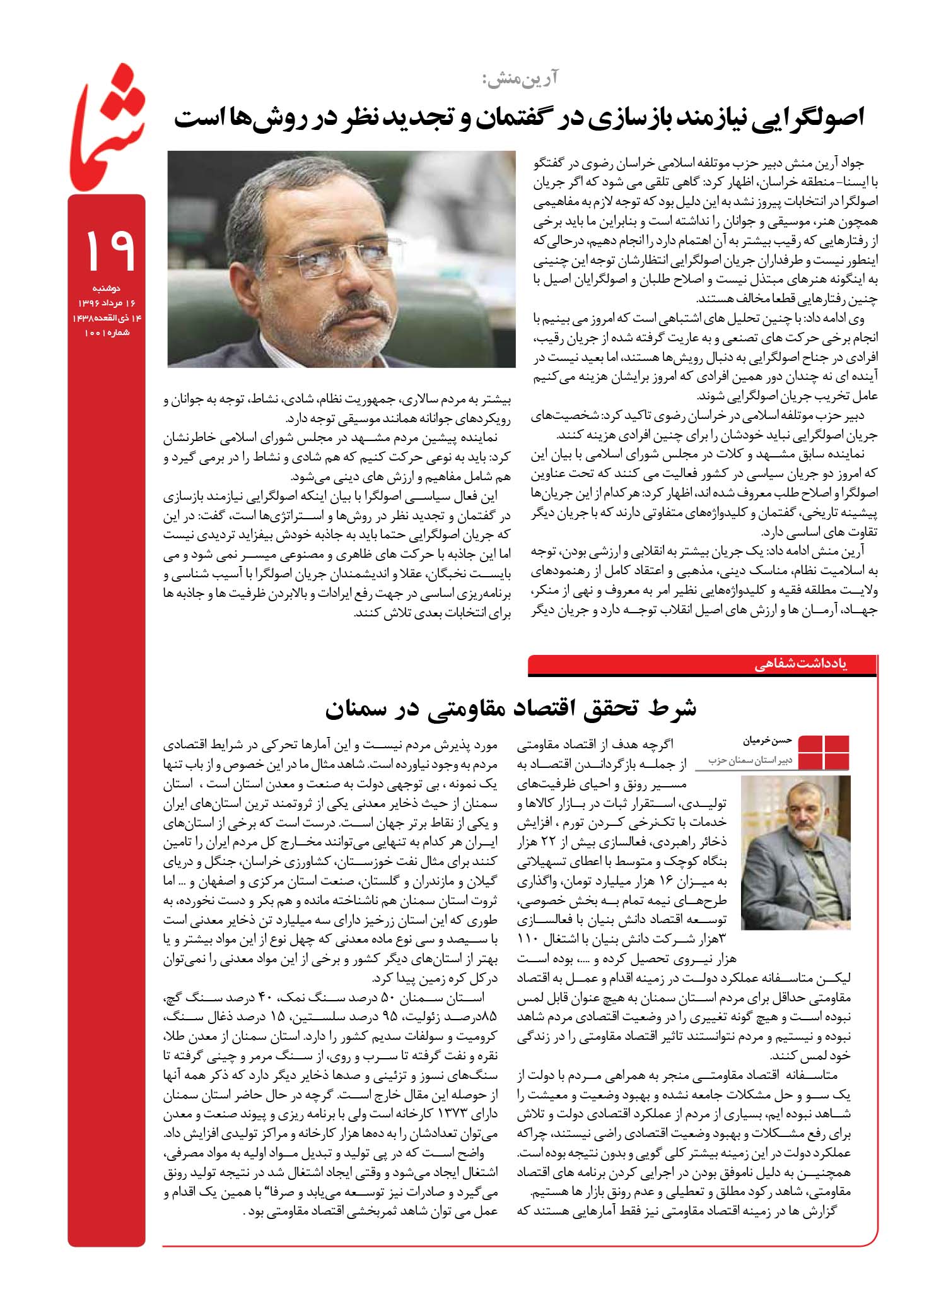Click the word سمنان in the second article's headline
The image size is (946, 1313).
click(363, 709)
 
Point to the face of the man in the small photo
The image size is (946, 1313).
click(799, 815)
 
